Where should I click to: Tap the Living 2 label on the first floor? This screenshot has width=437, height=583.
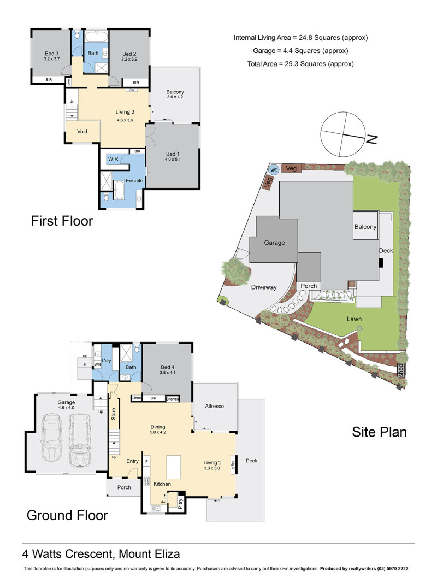click(x=125, y=112)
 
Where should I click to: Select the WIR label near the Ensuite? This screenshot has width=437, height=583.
click(x=113, y=158)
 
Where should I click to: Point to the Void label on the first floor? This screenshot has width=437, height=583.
click(x=82, y=132)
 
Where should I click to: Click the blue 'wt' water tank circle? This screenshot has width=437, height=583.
click(x=274, y=169)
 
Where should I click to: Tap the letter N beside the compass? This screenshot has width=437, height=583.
click(x=372, y=139)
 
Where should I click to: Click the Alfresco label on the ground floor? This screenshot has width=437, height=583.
click(x=215, y=407)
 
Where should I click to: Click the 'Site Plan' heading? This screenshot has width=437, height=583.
click(x=379, y=432)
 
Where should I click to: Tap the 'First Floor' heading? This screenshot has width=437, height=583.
click(x=62, y=221)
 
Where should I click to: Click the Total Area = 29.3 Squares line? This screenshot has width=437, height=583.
click(x=300, y=64)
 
